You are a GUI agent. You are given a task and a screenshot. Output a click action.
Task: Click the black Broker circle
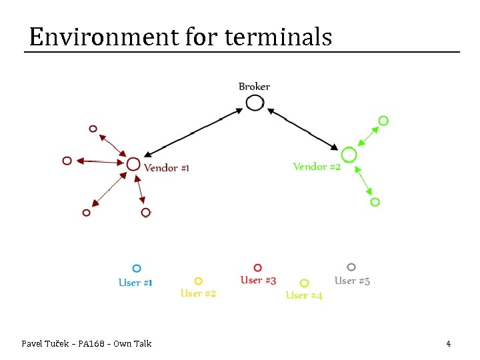coord(255,103)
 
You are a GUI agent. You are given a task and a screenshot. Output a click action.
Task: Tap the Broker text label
coord(254,87)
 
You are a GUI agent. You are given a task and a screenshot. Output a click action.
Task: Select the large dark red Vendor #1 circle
coord(133,163)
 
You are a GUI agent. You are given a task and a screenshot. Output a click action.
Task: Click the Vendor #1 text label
coord(167,168)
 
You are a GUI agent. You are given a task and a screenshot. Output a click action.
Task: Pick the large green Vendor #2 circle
coord(349,155)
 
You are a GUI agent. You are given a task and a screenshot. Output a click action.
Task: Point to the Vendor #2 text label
coord(317,167)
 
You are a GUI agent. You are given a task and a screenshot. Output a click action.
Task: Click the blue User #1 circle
coord(137,269)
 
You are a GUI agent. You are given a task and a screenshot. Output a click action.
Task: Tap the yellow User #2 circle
coord(198,281)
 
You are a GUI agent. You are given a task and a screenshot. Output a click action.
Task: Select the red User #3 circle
coord(258,268)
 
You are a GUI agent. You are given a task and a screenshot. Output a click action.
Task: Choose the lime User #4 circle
coord(305,283)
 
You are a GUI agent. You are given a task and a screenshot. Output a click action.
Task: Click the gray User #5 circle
coord(351,267)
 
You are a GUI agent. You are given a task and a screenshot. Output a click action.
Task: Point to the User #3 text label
coord(258,281)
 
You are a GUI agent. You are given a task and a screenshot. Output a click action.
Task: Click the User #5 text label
coord(352,281)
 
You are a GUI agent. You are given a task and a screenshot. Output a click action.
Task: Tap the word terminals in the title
coord(278,37)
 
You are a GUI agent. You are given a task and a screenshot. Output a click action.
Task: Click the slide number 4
coord(448,344)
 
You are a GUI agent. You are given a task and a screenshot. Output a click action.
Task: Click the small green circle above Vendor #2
coord(383,121)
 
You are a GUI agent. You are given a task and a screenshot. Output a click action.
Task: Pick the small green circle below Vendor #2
coord(375,201)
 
